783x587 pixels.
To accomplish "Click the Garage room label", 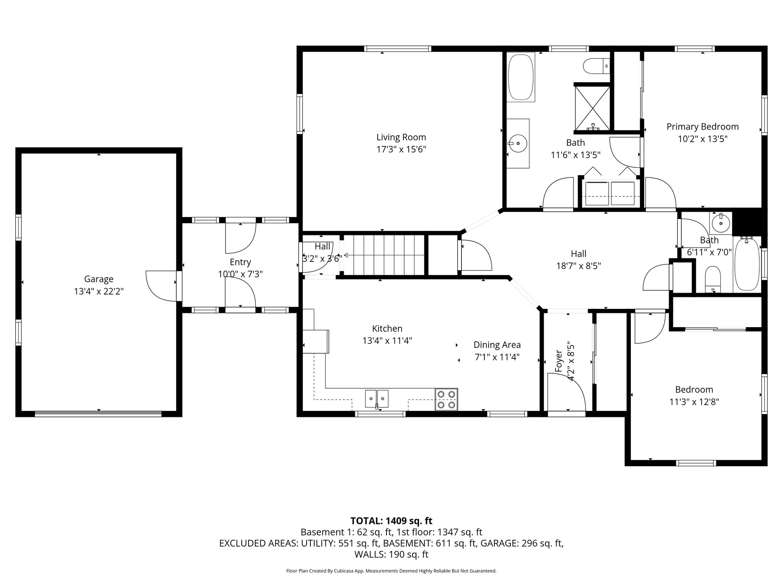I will pyautogui.click(x=99, y=279).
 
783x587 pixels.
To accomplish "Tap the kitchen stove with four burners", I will pyautogui.click(x=446, y=399).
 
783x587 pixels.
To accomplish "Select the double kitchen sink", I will pyautogui.click(x=377, y=399).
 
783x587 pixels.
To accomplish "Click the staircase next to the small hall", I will pyautogui.click(x=384, y=255).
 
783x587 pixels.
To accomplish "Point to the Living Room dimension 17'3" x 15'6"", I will pyautogui.click(x=401, y=149).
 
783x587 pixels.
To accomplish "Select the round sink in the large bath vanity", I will pyautogui.click(x=518, y=143).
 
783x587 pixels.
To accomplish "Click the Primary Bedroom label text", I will pyautogui.click(x=702, y=126).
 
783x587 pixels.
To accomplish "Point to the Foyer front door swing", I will pyautogui.click(x=566, y=394).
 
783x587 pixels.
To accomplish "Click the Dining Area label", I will pyautogui.click(x=497, y=345).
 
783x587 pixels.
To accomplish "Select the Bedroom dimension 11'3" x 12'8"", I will pyautogui.click(x=694, y=402).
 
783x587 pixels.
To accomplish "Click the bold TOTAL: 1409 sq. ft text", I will pyautogui.click(x=391, y=521).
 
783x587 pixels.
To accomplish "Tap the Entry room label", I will pyautogui.click(x=240, y=262).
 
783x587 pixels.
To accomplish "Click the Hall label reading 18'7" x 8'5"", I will pyautogui.click(x=578, y=266).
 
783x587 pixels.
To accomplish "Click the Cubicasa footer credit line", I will pyautogui.click(x=391, y=571).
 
